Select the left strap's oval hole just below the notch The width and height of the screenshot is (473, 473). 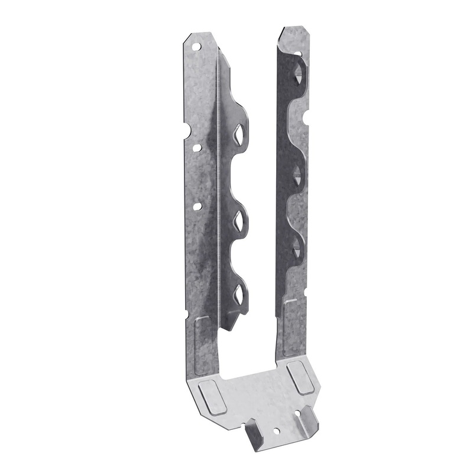[x=198, y=148]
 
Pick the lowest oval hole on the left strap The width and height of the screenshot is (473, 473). [x=197, y=207]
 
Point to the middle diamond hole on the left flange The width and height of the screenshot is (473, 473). [x=239, y=220]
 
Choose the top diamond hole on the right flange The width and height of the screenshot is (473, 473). [x=298, y=73]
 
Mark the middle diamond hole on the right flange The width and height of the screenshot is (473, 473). [x=296, y=173]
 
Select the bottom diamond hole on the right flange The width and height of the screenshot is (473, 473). [x=296, y=246]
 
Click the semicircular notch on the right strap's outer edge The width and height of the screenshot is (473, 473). [x=306, y=118]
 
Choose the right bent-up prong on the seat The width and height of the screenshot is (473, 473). [x=307, y=419]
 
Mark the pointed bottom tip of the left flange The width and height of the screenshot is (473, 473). [x=230, y=329]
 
